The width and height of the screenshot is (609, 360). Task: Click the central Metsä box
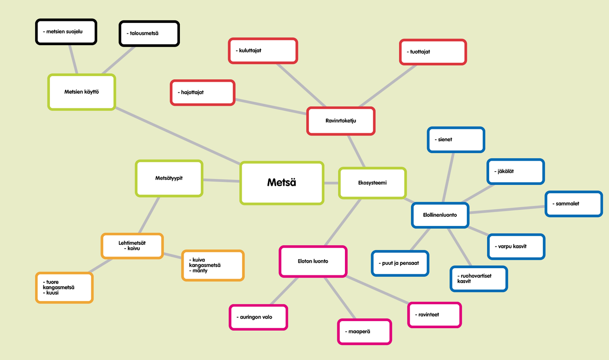coord(282,183)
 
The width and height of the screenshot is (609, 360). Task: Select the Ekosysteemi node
coord(372,183)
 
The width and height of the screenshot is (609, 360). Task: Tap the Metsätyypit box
coord(169,178)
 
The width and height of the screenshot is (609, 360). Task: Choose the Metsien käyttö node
coord(81,92)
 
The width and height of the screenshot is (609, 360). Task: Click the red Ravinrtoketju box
coord(341,121)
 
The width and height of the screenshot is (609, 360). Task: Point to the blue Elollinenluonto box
coord(440,215)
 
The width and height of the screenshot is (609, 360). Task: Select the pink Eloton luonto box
coord(313,262)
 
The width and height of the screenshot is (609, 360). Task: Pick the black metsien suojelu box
coord(66,32)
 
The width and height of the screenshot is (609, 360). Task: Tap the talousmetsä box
coord(149,33)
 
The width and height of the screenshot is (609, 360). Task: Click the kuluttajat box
coord(263,51)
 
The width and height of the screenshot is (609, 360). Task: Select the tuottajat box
coord(433,52)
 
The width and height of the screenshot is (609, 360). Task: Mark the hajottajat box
coord(203,93)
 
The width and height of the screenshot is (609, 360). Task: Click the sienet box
coord(456,140)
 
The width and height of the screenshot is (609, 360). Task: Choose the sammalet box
coord(574,204)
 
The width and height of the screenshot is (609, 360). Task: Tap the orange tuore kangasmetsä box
coord(64,287)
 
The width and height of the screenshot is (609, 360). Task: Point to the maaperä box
coord(364,332)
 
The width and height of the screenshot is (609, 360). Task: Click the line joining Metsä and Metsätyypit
coord(221,180)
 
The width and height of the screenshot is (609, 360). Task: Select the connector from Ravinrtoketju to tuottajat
coord(388,86)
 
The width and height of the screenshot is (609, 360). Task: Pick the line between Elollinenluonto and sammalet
coord(507,209)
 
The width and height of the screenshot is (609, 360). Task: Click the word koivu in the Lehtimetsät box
coord(134,249)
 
